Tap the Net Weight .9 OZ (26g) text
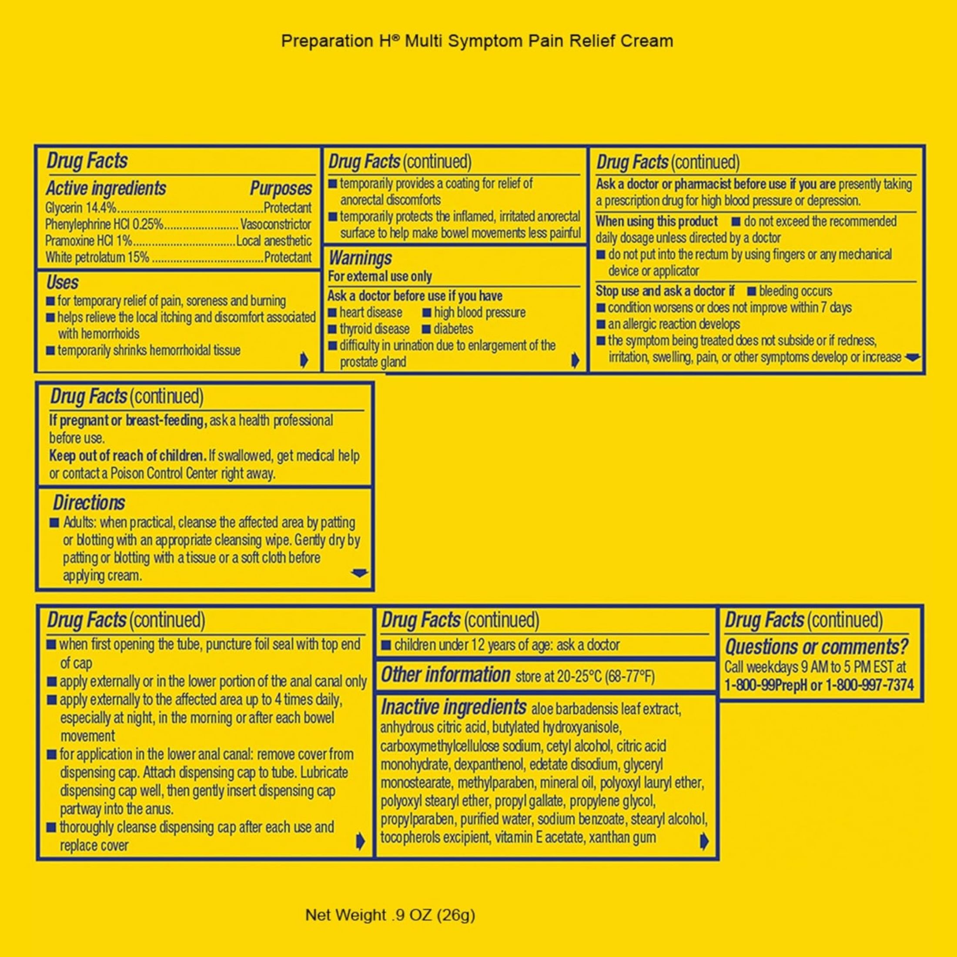point(390,915)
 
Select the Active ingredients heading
point(107,188)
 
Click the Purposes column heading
point(281,188)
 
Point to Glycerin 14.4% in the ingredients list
point(81,207)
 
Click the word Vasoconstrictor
point(276,224)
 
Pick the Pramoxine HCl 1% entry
point(89,241)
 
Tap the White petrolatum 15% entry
point(97,258)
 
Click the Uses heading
point(62,282)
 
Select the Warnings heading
point(360,258)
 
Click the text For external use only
point(380,276)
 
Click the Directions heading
point(89,503)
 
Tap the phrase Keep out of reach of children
point(127,456)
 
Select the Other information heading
point(445,675)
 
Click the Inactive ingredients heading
point(453,707)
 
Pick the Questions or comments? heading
point(817,647)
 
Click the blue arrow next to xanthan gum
point(704,842)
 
